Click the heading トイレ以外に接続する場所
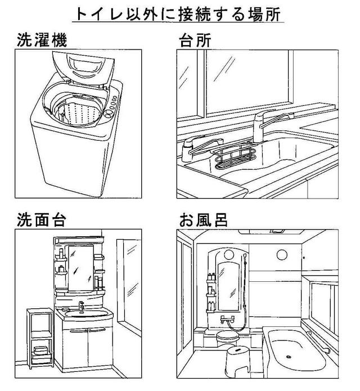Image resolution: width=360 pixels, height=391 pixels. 178,14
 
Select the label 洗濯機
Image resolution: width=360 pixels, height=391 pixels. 42,40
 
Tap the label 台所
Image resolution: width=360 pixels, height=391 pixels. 195,40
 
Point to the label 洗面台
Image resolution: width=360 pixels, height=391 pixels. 42,219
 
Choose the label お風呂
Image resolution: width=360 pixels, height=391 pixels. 204,219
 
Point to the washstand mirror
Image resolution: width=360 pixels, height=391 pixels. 81,268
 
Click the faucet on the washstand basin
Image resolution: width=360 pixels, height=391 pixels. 81,305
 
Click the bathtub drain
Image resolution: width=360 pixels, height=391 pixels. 289,357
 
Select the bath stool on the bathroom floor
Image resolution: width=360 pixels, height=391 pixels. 237,360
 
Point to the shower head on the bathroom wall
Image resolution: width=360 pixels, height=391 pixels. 245,257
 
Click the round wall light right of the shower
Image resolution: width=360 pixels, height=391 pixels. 282,255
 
